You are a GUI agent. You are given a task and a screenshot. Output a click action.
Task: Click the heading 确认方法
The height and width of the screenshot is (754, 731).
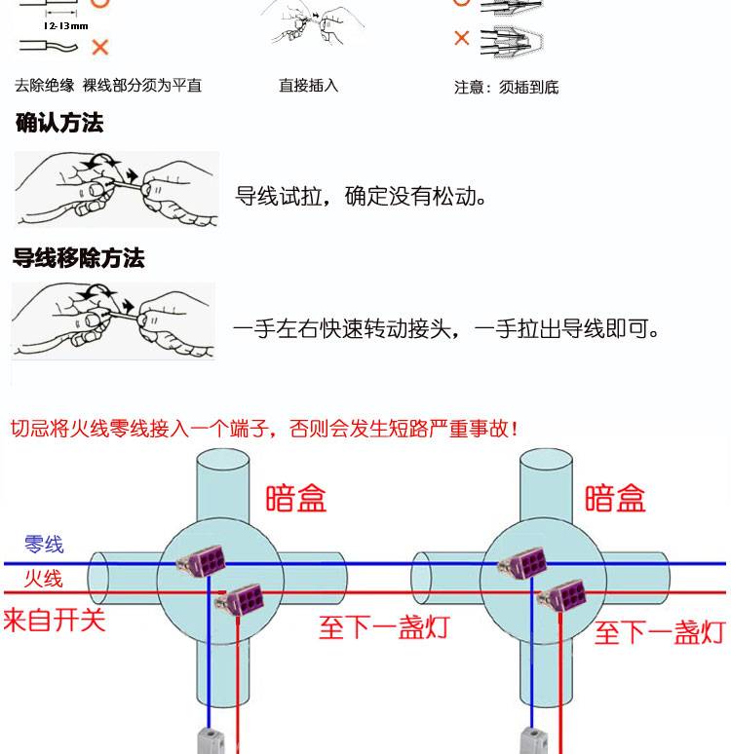click(x=59, y=124)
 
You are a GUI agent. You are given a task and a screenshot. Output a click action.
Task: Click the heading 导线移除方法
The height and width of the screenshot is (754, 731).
click(x=78, y=258)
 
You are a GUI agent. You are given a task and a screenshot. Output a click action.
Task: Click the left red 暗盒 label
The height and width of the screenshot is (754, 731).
click(x=296, y=498)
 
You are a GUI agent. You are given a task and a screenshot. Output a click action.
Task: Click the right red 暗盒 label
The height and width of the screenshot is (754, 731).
click(x=615, y=498)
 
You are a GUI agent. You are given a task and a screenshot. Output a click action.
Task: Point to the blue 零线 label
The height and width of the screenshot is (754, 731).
click(x=44, y=545)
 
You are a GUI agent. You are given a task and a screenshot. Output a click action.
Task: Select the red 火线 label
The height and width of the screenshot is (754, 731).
click(x=44, y=579)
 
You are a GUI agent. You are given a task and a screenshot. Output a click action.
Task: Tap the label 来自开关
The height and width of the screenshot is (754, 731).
click(x=54, y=620)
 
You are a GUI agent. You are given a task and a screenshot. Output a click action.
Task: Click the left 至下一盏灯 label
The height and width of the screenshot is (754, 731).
click(x=384, y=627)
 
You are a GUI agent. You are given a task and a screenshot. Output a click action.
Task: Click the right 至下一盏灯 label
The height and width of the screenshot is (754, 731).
click(x=660, y=632)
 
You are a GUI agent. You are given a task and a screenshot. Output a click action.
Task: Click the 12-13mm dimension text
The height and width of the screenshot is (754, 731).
click(x=65, y=26)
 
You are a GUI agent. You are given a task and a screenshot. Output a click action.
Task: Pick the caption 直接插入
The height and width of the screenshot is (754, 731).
click(x=308, y=86)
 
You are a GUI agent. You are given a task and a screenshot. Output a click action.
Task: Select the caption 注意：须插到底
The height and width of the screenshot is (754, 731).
click(x=507, y=88)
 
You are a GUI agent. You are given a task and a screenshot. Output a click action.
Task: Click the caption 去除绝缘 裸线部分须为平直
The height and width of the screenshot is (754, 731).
click(x=108, y=86)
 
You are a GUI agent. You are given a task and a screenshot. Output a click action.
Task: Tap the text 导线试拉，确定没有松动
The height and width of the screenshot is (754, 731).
click(x=362, y=197)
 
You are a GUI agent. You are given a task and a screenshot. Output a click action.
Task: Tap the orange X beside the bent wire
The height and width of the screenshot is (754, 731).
click(x=99, y=47)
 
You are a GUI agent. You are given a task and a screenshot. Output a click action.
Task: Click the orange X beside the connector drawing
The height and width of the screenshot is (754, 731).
click(x=462, y=39)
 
